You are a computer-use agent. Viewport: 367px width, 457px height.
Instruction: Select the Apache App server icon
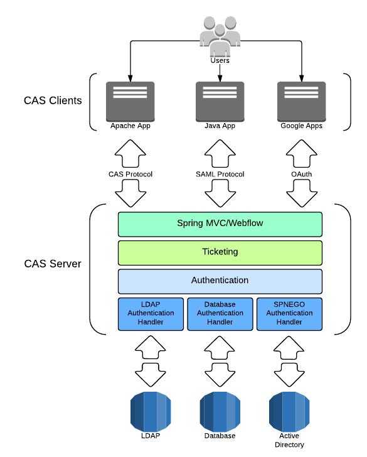pos(130,100)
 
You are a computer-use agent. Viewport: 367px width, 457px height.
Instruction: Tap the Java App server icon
pos(220,100)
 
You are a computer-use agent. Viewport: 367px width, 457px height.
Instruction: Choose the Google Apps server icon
pos(301,100)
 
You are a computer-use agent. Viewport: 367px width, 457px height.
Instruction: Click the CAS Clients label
pos(53,100)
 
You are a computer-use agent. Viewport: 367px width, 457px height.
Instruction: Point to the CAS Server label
pos(53,264)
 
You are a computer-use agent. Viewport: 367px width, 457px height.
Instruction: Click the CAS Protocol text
pos(130,174)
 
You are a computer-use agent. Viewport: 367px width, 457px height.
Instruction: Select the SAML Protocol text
pos(220,174)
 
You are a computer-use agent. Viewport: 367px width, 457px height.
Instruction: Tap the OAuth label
pos(301,174)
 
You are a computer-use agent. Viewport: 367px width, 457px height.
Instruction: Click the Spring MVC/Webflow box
pos(220,223)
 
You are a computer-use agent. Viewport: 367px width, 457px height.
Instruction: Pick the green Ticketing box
pos(220,252)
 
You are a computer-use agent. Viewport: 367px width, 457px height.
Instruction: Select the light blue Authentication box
pos(220,281)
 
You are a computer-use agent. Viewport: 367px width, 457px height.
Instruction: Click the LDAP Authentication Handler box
pos(151,313)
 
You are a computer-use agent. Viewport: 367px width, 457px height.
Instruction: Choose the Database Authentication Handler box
pos(220,313)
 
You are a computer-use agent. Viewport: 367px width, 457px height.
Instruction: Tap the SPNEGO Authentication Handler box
pos(289,313)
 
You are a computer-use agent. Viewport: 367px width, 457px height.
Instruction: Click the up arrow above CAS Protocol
pos(130,154)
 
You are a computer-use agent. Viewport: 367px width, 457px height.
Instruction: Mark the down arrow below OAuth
pos(301,193)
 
